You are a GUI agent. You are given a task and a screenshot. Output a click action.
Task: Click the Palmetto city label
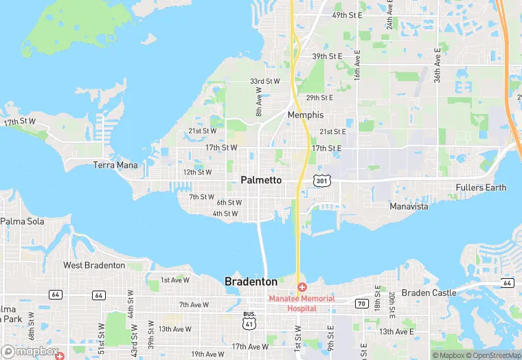pyautogui.click(x=261, y=180)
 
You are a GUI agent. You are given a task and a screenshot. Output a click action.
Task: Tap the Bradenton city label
pyautogui.click(x=251, y=282)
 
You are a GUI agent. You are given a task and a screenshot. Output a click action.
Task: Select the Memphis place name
pyautogui.click(x=306, y=115)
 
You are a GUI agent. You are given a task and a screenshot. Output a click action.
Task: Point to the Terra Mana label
pyautogui.click(x=115, y=166)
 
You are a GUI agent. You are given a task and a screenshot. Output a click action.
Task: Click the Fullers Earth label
pyautogui.click(x=481, y=188)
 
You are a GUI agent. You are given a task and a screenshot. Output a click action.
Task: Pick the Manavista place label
pyautogui.click(x=409, y=206)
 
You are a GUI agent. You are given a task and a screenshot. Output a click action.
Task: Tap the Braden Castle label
pyautogui.click(x=429, y=293)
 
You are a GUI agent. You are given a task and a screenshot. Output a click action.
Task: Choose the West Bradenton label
pyautogui.click(x=94, y=265)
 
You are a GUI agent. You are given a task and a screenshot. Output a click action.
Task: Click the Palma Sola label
pyautogui.click(x=22, y=221)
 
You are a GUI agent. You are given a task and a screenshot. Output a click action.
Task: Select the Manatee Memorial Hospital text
pyautogui.click(x=302, y=303)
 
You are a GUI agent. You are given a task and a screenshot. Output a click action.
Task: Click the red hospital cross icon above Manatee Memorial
pyautogui.click(x=302, y=286)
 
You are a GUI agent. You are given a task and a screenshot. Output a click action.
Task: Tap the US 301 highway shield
pyautogui.click(x=322, y=180)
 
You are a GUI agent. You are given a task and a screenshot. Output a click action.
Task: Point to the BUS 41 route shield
pyautogui.click(x=249, y=319)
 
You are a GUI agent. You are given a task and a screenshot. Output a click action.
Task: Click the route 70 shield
pyautogui.click(x=361, y=303)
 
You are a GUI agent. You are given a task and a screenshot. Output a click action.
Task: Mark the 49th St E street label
pyautogui.click(x=347, y=14)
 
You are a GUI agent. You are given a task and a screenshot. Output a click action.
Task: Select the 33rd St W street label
pyautogui.click(x=265, y=81)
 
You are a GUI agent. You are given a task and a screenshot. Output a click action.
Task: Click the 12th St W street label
pyautogui.click(x=197, y=172)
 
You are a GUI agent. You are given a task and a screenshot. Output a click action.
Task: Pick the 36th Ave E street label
pyautogui.click(x=437, y=66)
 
